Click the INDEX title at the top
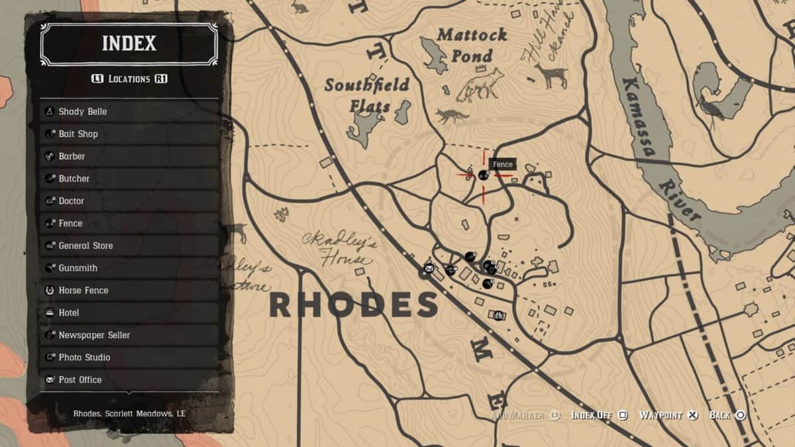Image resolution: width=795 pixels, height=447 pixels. [x=129, y=44]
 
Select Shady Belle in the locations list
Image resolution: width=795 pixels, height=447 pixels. [x=82, y=111]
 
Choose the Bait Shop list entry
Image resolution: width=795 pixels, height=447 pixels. [x=78, y=134]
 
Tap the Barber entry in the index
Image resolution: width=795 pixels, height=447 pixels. [x=72, y=156]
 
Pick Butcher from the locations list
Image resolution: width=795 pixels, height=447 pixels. [x=74, y=179]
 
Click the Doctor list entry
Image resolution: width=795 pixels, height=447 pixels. [x=71, y=201]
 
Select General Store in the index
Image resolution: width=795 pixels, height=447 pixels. [x=85, y=246]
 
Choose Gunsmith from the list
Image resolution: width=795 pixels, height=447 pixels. [x=78, y=268]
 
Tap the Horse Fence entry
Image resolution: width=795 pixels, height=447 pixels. [x=83, y=290]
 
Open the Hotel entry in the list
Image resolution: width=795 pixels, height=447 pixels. [x=68, y=313]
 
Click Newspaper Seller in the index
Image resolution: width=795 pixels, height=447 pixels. [x=93, y=335]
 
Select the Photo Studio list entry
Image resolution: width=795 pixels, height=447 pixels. [x=84, y=358]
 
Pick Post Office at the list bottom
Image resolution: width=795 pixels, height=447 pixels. [x=79, y=379]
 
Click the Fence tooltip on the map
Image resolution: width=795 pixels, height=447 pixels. [x=503, y=164]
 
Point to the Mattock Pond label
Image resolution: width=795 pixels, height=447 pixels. [x=472, y=45]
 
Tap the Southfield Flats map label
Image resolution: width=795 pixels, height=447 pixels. [x=366, y=95]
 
